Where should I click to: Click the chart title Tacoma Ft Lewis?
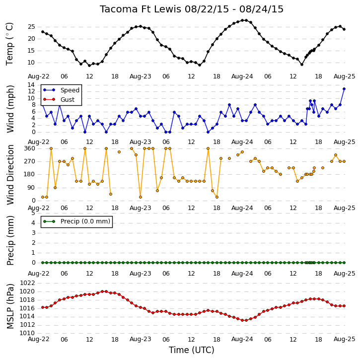coord(141,9)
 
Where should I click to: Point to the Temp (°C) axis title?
coord(9,44)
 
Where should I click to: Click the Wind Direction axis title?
coord(10,175)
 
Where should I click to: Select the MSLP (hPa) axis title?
coord(10,306)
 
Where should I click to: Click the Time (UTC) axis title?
coord(192,350)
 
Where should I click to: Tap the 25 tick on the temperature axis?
coord(31,27)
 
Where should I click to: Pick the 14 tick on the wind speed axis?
coord(31,85)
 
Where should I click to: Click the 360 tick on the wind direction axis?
coord(30,148)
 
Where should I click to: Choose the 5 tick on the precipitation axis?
coord(33,213)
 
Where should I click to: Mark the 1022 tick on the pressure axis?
coord(27,283)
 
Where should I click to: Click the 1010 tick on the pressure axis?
coord(27,333)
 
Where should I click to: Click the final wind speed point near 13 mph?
coord(344,89)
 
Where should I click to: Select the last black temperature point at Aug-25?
coord(344,29)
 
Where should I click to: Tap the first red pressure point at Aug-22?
coord(43,307)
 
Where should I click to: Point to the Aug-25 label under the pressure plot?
coord(344,339)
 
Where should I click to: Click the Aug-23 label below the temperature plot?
coord(141,76)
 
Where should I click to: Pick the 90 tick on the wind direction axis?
coord(32,188)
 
